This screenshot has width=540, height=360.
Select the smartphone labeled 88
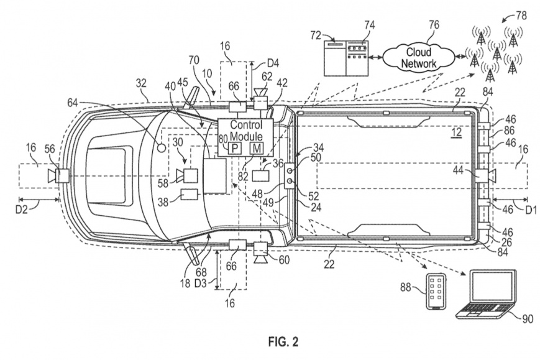coord(436,292)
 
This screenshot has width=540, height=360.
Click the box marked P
coord(235,149)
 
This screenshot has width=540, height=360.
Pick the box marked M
coord(257,149)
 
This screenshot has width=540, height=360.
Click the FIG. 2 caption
coord(283,342)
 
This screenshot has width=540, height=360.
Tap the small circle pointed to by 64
coord(162,148)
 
